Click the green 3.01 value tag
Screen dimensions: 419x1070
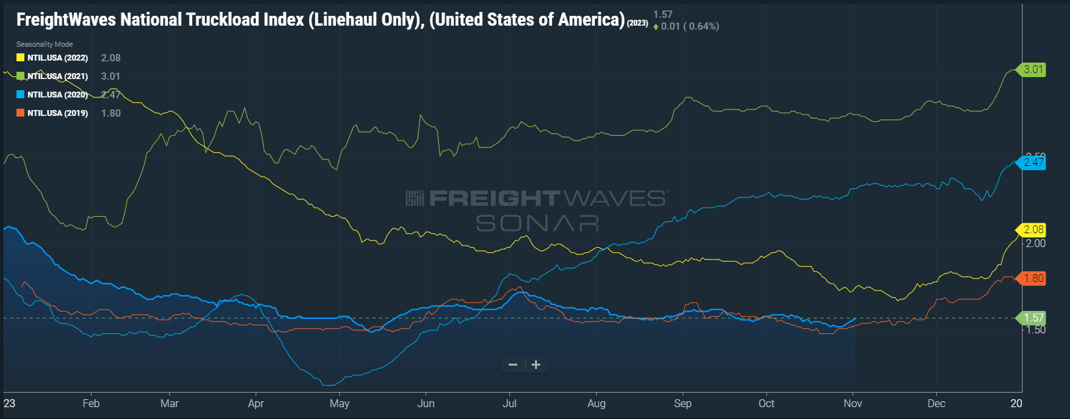pos(1033,69)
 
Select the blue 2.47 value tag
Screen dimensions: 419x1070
pos(1033,162)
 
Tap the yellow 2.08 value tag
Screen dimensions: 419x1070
pos(1033,229)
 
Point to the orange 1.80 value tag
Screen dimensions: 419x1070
pos(1033,278)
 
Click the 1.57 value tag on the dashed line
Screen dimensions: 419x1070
pos(1033,318)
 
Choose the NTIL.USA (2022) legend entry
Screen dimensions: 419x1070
pos(57,58)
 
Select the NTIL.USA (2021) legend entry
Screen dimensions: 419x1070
pos(57,76)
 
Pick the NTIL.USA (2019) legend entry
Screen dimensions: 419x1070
pos(57,113)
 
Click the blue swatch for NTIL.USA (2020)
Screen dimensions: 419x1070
pos(20,95)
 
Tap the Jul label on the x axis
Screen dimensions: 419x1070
pos(509,403)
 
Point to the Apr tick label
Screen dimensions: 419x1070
pos(256,403)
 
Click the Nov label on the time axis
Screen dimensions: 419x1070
pos(853,403)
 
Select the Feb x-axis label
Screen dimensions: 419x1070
pos(91,403)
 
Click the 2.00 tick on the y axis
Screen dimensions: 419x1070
pos(1036,243)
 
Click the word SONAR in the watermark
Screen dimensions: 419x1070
pos(537,224)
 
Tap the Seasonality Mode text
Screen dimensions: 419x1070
pos(45,44)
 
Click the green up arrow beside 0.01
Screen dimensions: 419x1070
pos(656,27)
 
